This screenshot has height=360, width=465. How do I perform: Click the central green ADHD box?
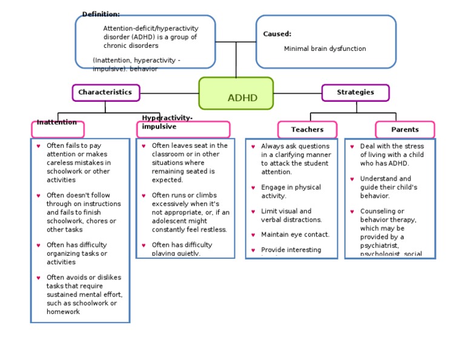click(x=236, y=94)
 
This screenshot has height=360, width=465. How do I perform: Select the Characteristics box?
click(x=106, y=93)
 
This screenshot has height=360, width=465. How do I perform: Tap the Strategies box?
click(x=355, y=93)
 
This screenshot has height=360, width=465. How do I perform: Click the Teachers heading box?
click(x=307, y=130)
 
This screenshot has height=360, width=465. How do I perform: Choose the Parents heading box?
click(x=404, y=130)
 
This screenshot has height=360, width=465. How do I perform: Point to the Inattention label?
click(x=57, y=122)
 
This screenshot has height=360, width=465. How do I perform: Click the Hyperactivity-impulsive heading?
click(x=167, y=122)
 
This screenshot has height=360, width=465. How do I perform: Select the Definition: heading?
click(x=101, y=15)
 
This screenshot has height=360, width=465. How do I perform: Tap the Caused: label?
click(x=277, y=35)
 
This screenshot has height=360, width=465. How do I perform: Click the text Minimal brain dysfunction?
click(x=325, y=49)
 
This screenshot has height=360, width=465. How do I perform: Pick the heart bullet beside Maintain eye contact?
click(x=253, y=235)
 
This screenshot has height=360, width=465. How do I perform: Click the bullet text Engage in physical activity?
click(x=291, y=192)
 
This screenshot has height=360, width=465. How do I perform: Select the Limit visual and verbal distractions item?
click(x=291, y=216)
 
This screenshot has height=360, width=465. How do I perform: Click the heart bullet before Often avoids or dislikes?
click(x=39, y=278)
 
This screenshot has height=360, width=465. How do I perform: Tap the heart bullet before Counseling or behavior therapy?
click(x=352, y=212)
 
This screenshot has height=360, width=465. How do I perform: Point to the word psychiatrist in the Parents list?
click(x=380, y=246)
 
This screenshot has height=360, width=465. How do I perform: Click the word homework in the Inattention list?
click(x=64, y=312)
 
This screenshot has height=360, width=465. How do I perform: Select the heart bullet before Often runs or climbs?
click(x=144, y=196)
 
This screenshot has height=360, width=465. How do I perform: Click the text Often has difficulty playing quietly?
click(x=182, y=249)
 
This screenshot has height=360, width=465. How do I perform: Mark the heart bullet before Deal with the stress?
click(x=352, y=147)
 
